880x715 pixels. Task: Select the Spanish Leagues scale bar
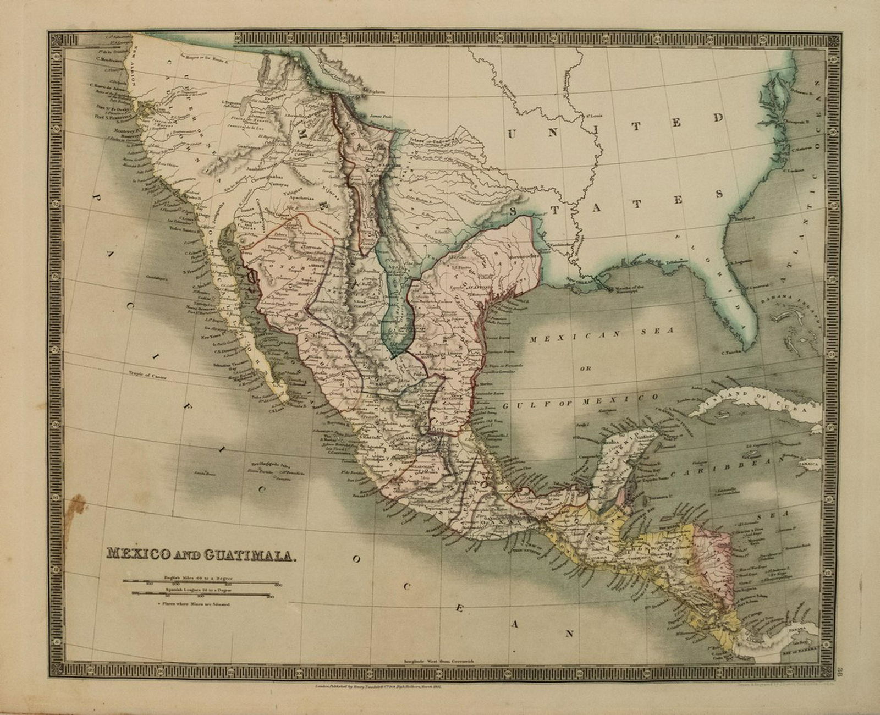point(202,593)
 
